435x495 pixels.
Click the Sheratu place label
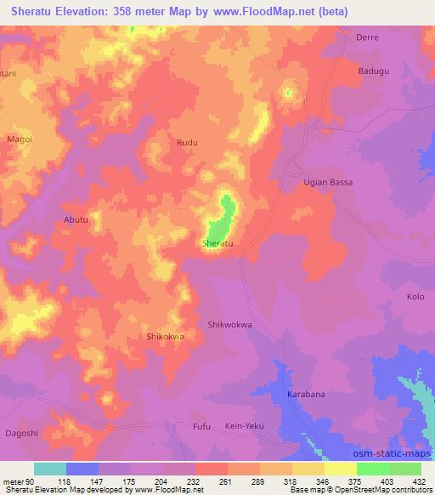(217, 243)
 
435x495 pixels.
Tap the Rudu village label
(187, 143)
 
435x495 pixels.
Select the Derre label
(368, 37)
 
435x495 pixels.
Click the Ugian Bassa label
(328, 182)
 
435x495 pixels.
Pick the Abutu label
(76, 219)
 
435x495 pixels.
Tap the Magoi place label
(19, 138)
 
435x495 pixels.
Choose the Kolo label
(415, 297)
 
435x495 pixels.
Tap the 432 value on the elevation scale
(420, 481)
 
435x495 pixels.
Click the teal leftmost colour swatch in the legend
(50, 469)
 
